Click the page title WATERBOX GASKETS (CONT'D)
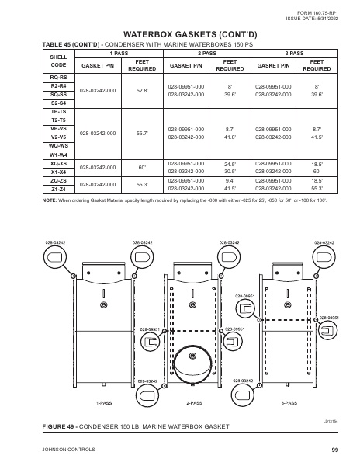point(180,35)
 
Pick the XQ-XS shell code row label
point(58,163)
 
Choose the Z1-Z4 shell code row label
point(58,189)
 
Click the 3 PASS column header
point(294,52)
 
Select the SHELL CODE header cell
point(58,61)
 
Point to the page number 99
point(334,450)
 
